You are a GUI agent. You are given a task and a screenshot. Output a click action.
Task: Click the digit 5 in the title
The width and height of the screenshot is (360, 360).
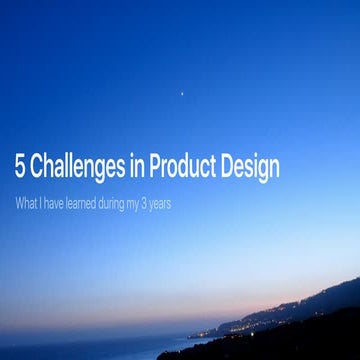click(x=21, y=167)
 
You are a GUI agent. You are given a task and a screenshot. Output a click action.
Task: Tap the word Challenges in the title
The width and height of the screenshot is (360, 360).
click(x=80, y=167)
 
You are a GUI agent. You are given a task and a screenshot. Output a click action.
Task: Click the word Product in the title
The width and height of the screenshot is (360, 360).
click(x=191, y=167)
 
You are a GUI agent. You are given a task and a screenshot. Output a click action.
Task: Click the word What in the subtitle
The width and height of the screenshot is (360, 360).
click(x=26, y=204)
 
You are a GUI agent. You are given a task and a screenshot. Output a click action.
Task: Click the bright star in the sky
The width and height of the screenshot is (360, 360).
click(x=181, y=93)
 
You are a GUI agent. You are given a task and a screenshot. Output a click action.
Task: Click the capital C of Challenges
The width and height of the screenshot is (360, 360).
click(x=40, y=167)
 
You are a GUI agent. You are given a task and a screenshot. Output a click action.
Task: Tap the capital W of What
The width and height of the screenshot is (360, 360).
click(x=20, y=204)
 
